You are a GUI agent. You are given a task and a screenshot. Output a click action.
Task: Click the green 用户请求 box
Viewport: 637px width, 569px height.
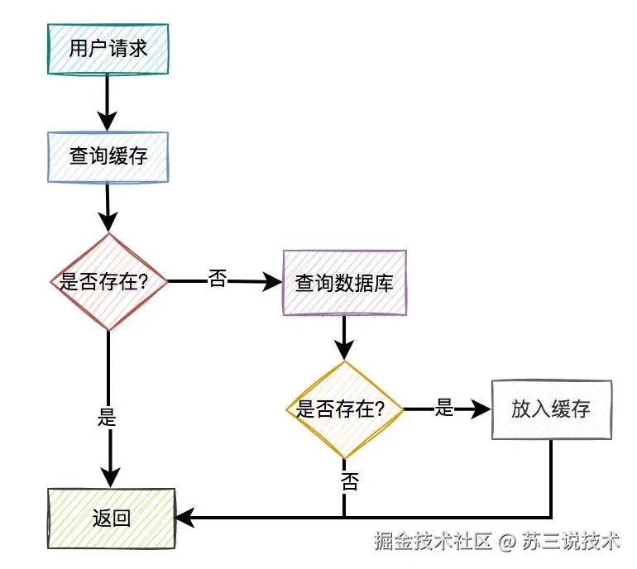(x=108, y=48)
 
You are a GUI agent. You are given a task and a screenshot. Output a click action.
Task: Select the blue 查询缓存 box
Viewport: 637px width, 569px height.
(x=108, y=155)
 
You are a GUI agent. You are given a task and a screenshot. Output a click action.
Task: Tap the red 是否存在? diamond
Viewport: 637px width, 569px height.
(x=109, y=281)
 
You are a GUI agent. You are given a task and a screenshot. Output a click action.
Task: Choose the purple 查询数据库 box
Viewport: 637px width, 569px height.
(x=344, y=283)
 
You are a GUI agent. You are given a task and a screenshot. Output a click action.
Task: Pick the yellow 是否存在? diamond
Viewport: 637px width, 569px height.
(x=345, y=409)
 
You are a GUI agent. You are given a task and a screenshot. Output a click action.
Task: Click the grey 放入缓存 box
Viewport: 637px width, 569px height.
(x=551, y=409)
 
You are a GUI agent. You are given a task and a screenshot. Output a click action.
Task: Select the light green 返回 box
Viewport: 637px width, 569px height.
(x=112, y=519)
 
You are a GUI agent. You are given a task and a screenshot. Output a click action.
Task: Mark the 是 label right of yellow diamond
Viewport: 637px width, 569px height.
(x=444, y=408)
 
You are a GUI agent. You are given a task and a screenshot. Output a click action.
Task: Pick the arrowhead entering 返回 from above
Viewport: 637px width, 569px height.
(x=109, y=478)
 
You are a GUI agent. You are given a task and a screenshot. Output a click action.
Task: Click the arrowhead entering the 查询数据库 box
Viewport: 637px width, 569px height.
(x=273, y=282)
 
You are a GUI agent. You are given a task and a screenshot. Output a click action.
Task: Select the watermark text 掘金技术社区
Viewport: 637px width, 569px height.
(x=433, y=542)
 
